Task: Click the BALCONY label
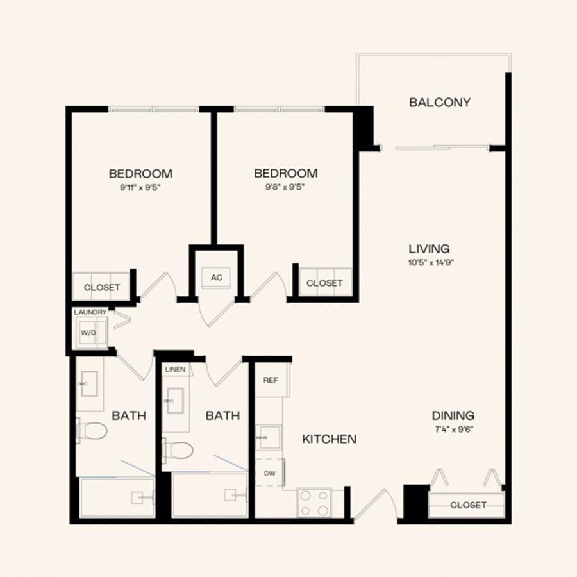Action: pos(440,102)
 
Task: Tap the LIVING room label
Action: pos(429,249)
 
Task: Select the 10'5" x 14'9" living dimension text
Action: pos(429,262)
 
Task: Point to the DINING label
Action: pos(453,415)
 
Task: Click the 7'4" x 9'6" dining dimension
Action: pos(453,429)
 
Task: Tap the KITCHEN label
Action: pos(329,439)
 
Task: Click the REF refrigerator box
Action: pos(271,380)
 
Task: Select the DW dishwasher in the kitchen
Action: pos(270,473)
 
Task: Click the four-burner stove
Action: pos(314,502)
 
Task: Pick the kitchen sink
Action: pos(269,437)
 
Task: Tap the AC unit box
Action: pos(217,278)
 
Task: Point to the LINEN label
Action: pos(175,369)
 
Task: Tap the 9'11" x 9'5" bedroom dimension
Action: pos(140,187)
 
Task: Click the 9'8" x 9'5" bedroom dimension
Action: pos(285,187)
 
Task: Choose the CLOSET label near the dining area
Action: pos(468,505)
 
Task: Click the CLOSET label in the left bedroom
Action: pos(102,287)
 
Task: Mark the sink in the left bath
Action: pos(89,384)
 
